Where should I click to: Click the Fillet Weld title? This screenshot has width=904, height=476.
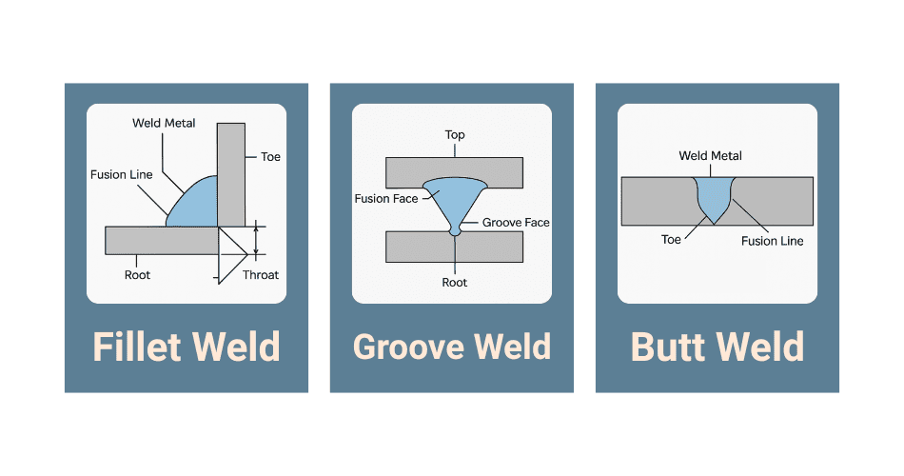pyautogui.click(x=187, y=347)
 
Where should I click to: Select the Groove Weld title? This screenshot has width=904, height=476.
pyautogui.click(x=452, y=347)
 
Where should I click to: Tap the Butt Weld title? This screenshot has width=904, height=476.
pyautogui.click(x=717, y=347)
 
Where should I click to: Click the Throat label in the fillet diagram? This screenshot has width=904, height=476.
pyautogui.click(x=261, y=275)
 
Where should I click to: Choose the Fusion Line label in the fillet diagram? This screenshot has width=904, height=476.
pyautogui.click(x=121, y=175)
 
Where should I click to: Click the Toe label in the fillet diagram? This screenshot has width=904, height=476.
pyautogui.click(x=270, y=157)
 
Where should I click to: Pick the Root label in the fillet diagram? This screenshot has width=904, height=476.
pyautogui.click(x=137, y=275)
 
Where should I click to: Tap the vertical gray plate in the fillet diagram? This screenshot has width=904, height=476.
pyautogui.click(x=231, y=171)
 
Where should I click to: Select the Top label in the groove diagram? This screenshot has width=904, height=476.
pyautogui.click(x=455, y=134)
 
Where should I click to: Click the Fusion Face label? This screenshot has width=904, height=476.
pyautogui.click(x=385, y=199)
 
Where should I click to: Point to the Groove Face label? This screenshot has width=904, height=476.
pyautogui.click(x=517, y=223)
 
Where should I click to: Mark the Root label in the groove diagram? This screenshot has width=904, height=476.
pyautogui.click(x=455, y=283)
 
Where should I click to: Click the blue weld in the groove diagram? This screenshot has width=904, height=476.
pyautogui.click(x=455, y=195)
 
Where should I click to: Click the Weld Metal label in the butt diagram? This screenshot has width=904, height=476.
pyautogui.click(x=711, y=156)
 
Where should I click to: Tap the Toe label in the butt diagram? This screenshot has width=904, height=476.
pyautogui.click(x=672, y=240)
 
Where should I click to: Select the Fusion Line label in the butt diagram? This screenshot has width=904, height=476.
pyautogui.click(x=773, y=241)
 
